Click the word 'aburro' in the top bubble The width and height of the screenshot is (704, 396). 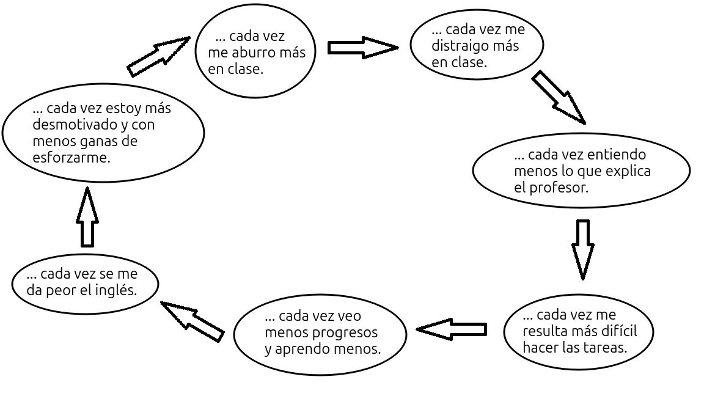252,53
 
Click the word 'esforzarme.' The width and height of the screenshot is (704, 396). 71,158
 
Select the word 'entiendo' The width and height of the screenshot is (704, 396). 618,155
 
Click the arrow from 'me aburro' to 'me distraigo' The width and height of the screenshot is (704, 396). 362,47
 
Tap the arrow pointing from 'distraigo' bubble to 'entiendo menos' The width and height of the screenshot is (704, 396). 559,97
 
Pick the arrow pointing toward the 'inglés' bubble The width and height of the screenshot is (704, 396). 192,319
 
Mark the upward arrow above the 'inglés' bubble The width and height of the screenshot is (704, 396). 87,216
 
